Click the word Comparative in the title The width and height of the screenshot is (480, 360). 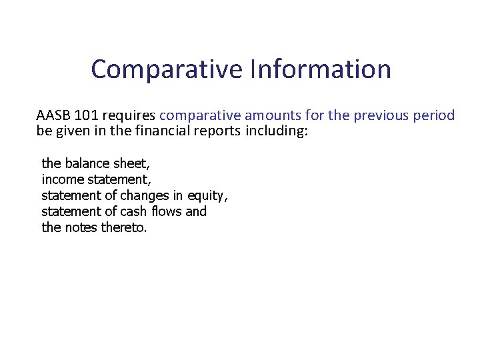click(x=166, y=69)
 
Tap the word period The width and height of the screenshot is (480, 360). click(x=433, y=115)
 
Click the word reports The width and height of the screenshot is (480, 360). click(x=217, y=130)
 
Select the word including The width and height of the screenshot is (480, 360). click(x=277, y=130)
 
